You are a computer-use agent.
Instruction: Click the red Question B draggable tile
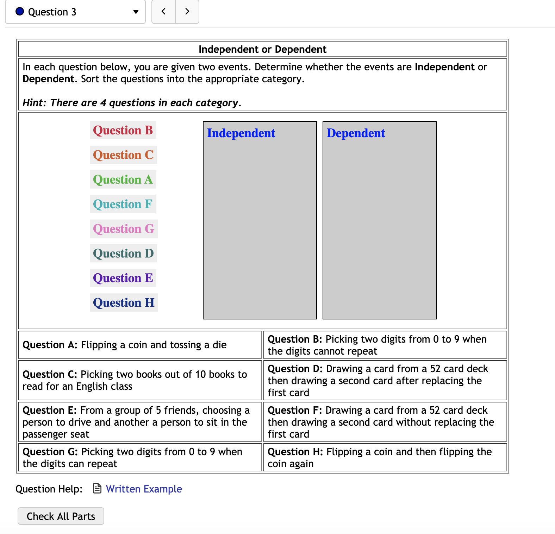point(123,131)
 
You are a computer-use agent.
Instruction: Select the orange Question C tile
point(123,155)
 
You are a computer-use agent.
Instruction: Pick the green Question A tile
point(123,180)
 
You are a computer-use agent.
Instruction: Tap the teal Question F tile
point(123,204)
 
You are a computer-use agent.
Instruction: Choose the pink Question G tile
point(124,229)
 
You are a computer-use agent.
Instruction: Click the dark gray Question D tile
point(123,254)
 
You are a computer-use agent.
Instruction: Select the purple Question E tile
point(123,278)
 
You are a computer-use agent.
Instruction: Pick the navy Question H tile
point(124,303)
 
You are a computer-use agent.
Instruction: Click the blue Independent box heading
point(241,133)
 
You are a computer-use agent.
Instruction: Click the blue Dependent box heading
point(356,133)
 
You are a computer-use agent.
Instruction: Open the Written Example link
point(144,489)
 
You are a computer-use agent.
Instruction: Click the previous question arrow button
point(163,12)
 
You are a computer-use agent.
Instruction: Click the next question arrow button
point(187,12)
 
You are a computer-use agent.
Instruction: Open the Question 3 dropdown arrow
point(136,12)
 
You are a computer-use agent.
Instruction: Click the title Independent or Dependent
point(262,49)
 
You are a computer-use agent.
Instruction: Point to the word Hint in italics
point(34,103)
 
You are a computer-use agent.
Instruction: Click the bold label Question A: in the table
point(50,345)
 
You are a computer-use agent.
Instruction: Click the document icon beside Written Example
point(97,489)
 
